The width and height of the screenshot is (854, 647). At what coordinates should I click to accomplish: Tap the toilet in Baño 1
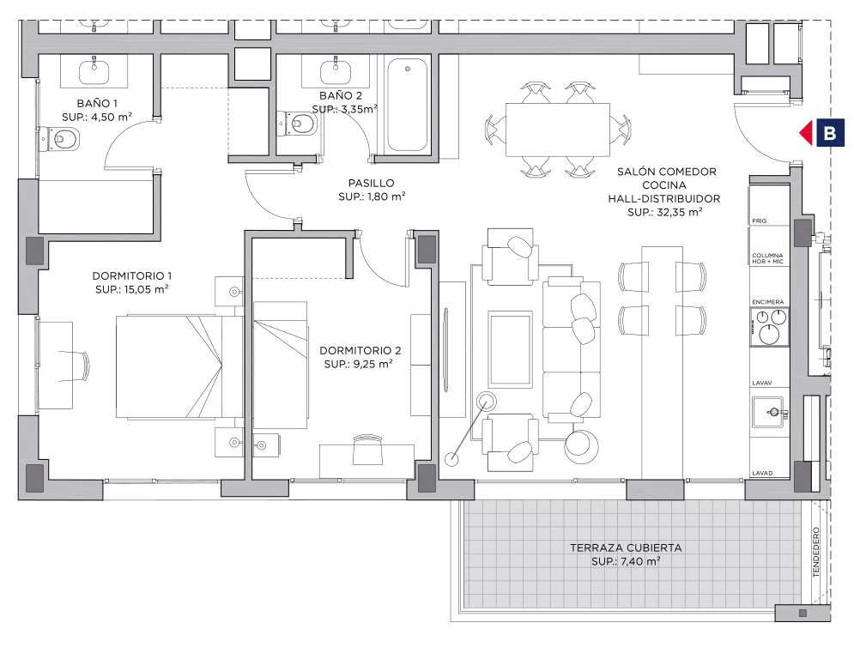click(60, 139)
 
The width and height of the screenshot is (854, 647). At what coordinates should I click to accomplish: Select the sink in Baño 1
click(94, 72)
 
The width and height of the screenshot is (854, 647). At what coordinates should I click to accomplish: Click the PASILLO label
click(372, 183)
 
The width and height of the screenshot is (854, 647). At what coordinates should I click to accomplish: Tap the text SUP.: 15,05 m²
click(132, 289)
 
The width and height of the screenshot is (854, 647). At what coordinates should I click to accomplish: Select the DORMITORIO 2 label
click(360, 350)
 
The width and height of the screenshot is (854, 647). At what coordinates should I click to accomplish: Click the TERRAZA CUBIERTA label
click(626, 547)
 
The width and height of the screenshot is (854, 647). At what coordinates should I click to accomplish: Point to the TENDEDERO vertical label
click(816, 552)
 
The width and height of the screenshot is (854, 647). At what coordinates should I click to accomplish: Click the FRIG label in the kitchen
click(760, 221)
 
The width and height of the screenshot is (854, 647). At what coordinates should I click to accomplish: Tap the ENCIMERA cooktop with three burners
click(770, 327)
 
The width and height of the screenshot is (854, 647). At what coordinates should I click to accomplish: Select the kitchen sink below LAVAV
click(770, 412)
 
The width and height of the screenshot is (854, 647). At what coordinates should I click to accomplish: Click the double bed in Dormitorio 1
click(179, 366)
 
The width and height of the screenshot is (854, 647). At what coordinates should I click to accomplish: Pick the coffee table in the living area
click(511, 349)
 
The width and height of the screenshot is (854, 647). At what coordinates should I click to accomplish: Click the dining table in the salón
click(558, 130)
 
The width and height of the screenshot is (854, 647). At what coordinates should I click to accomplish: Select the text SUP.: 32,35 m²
click(664, 212)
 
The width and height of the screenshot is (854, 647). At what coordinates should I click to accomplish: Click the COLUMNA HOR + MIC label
click(767, 258)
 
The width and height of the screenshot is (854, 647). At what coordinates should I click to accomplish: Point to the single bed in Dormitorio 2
click(281, 365)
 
